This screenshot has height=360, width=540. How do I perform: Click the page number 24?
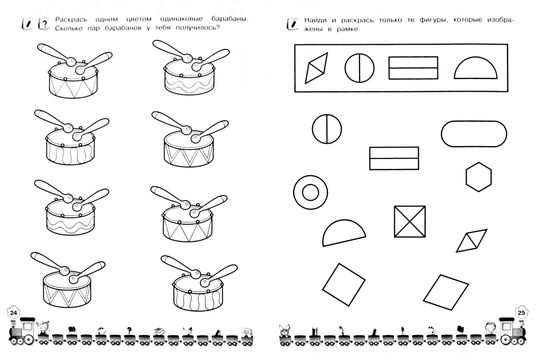(x=13, y=313)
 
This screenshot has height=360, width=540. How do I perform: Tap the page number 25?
(x=521, y=313)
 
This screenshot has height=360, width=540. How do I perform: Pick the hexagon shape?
(x=478, y=177)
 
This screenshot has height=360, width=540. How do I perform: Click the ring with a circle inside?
(x=310, y=192)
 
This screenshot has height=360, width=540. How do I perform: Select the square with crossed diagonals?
(x=410, y=221)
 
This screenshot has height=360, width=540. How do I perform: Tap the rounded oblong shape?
(x=474, y=134)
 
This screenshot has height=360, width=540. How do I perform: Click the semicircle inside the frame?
(x=475, y=69)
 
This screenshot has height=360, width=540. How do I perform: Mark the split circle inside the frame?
(x=359, y=68)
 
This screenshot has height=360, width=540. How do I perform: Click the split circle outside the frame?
(x=327, y=129)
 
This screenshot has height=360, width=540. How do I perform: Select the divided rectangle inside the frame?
(x=413, y=68)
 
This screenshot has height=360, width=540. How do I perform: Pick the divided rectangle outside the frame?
(x=394, y=158)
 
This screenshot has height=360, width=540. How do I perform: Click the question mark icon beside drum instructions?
(x=44, y=24)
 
